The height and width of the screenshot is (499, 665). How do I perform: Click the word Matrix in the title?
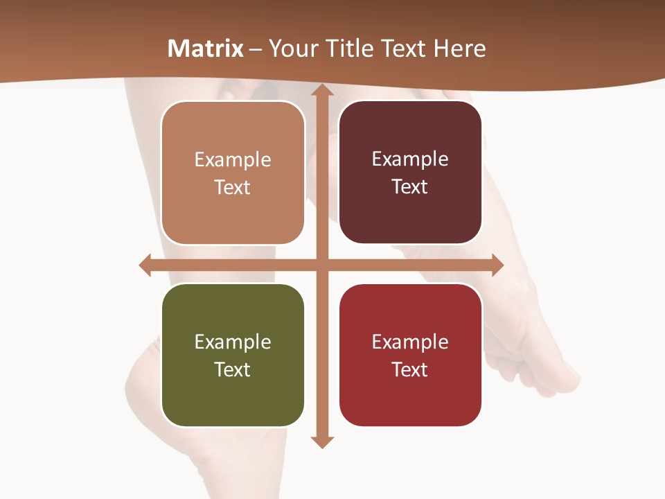point(206,49)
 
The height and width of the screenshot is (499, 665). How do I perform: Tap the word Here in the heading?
point(460,49)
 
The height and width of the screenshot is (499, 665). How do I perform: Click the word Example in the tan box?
point(233,160)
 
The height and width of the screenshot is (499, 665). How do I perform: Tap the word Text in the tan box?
point(233,188)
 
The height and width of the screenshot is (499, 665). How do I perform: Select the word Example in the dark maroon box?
point(410,159)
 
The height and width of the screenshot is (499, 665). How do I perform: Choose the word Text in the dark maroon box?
point(410,187)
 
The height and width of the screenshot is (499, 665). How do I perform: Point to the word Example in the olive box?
point(233,342)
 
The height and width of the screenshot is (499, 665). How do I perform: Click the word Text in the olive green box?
point(233,370)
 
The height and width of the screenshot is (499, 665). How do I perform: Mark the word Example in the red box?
point(410,342)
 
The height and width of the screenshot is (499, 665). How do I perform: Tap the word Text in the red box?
point(410,370)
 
